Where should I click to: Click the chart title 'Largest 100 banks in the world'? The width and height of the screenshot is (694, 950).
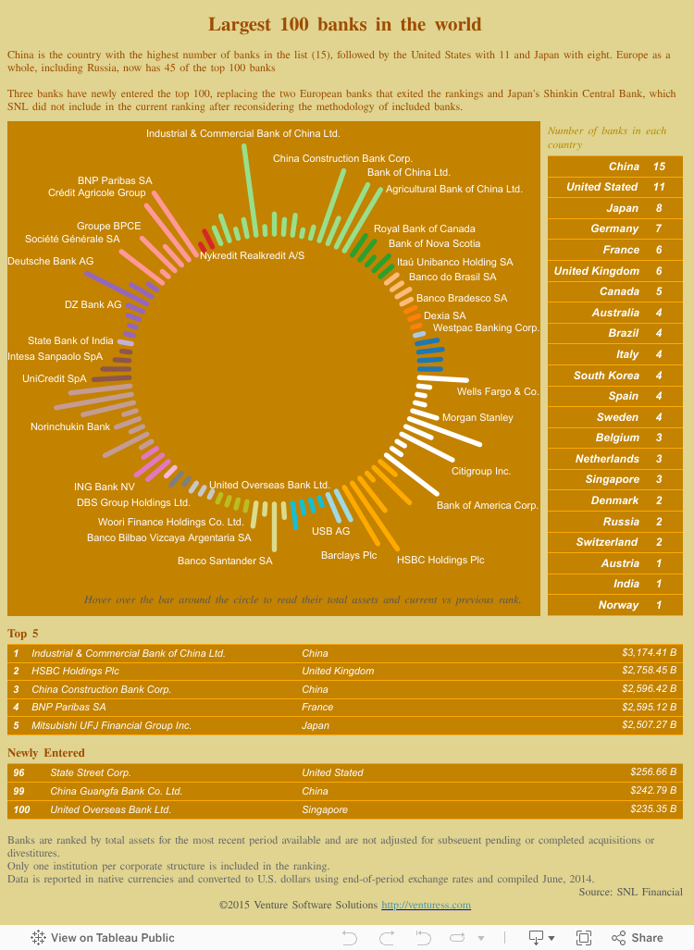pyautogui.click(x=344, y=24)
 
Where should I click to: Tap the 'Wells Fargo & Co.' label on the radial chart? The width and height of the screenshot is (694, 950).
pyautogui.click(x=498, y=392)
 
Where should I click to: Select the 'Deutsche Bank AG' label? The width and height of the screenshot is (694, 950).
pyautogui.click(x=51, y=262)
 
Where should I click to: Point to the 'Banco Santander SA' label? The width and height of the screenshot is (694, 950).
pyautogui.click(x=225, y=561)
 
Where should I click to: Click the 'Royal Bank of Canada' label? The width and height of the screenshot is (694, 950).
pyautogui.click(x=424, y=228)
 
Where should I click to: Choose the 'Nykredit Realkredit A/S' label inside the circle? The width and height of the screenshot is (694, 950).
pyautogui.click(x=252, y=255)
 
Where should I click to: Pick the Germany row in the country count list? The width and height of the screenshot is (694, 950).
pyautogui.click(x=615, y=228)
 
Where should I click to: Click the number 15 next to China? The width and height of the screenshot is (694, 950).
pyautogui.click(x=659, y=167)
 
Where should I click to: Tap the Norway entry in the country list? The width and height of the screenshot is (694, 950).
pyautogui.click(x=615, y=605)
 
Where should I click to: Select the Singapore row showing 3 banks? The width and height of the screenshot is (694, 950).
pyautogui.click(x=615, y=479)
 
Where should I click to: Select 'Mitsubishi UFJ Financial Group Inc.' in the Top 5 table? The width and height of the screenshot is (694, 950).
pyautogui.click(x=111, y=725)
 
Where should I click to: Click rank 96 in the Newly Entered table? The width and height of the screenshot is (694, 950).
pyautogui.click(x=19, y=772)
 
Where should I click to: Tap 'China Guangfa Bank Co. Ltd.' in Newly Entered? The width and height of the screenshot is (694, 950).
pyautogui.click(x=116, y=791)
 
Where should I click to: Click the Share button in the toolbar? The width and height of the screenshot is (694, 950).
pyautogui.click(x=638, y=937)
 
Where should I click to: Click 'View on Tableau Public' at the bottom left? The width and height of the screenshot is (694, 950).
pyautogui.click(x=103, y=937)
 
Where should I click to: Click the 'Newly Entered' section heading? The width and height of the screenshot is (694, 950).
pyautogui.click(x=46, y=753)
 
